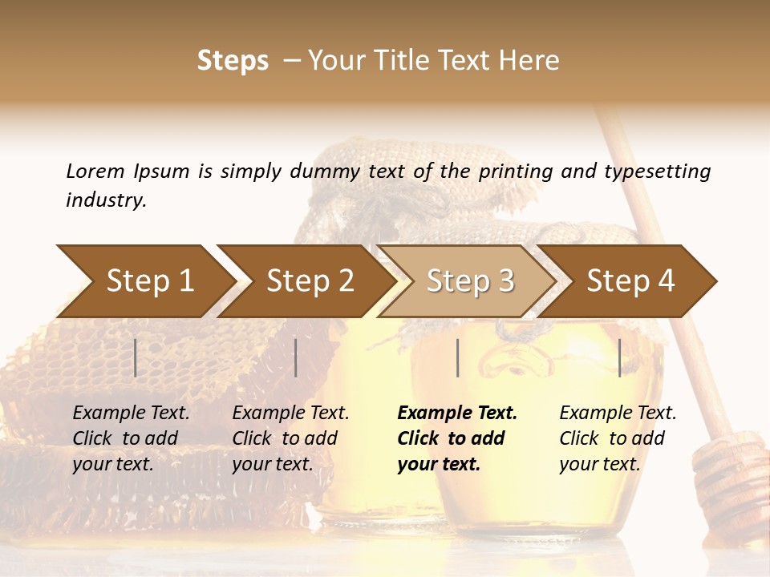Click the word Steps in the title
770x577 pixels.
click(233, 61)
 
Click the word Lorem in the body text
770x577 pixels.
click(95, 171)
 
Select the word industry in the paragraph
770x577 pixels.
click(105, 200)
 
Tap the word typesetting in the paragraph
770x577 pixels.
click(657, 171)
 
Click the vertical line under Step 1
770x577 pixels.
click(136, 357)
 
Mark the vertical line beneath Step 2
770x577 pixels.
click(296, 357)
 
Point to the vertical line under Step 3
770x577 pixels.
click(457, 357)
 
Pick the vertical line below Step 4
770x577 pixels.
click(619, 357)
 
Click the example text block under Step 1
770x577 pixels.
click(131, 438)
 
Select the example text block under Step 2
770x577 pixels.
click(290, 438)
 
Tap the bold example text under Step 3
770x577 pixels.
click(456, 438)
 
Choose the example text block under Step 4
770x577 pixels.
click(618, 438)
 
